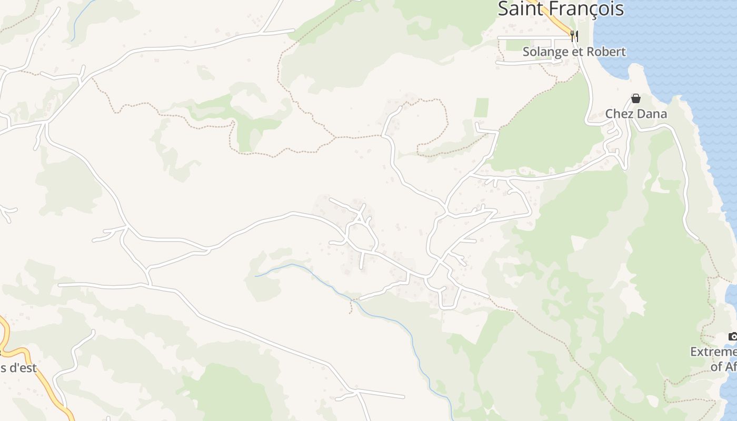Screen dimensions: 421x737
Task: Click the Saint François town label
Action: point(561,8)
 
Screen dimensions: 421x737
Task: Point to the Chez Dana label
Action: point(636,114)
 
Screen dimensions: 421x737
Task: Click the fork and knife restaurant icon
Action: point(574,36)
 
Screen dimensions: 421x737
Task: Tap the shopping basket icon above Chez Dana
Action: point(636,98)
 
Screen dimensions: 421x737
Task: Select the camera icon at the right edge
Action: point(732,336)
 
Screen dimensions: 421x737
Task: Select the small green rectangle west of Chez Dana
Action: point(481,107)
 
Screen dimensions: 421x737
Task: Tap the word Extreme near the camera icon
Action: point(714,352)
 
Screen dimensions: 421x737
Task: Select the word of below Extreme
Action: point(716,366)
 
